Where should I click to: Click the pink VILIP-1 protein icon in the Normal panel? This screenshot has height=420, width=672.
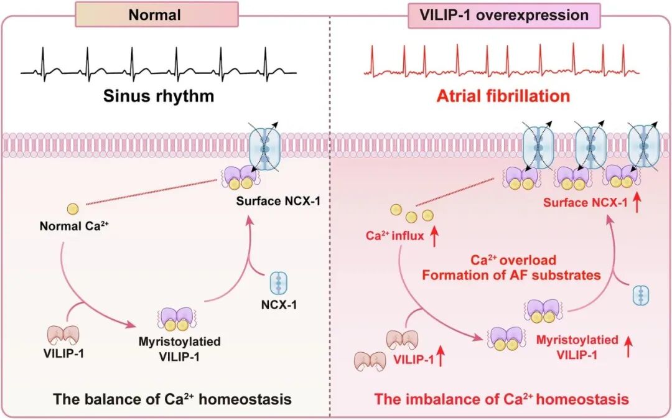(63, 335)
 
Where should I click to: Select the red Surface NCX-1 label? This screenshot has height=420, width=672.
(582, 203)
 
